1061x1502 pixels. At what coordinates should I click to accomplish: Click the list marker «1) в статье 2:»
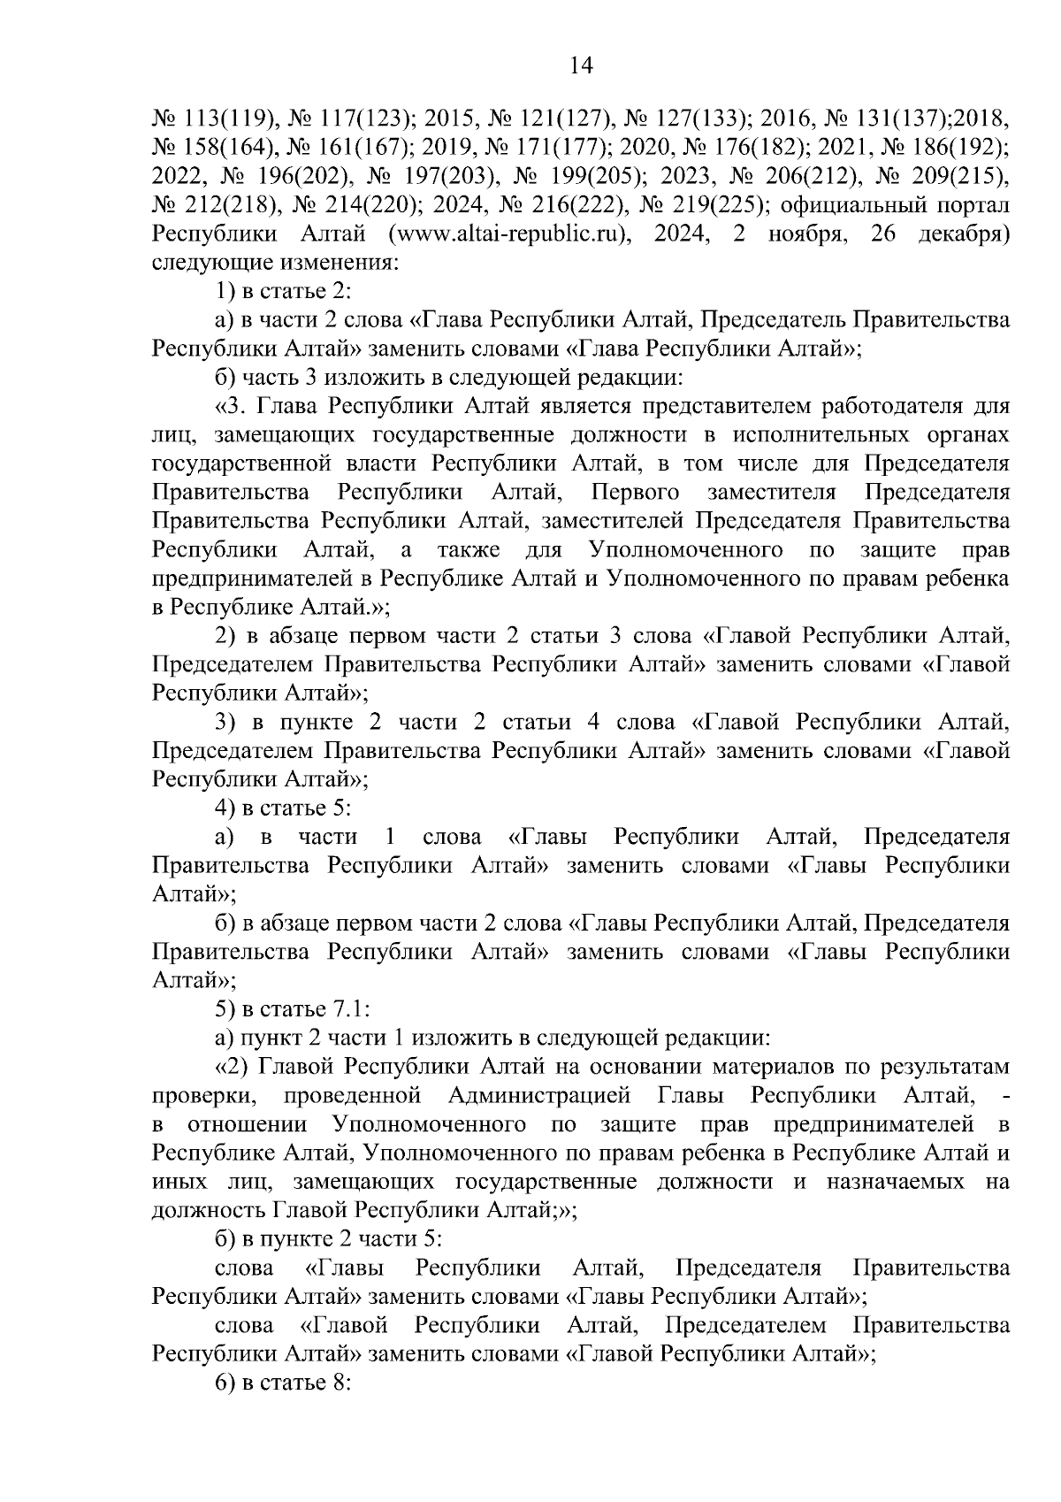(284, 291)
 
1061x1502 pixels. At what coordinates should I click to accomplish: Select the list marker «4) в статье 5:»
(284, 808)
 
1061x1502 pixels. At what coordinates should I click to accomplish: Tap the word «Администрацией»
(539, 1096)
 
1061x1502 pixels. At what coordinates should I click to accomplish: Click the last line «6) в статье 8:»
(284, 1383)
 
